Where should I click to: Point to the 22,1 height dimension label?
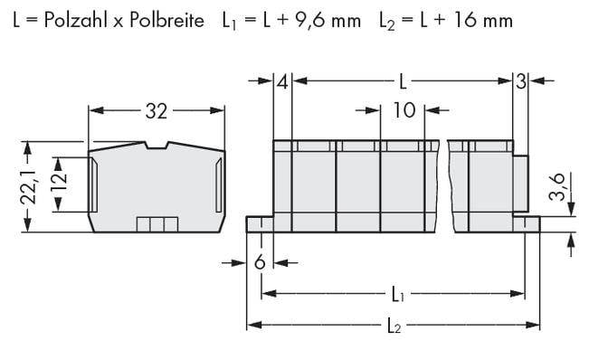point(27,186)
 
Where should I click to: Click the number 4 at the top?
point(282,82)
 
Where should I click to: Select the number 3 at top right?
point(520,82)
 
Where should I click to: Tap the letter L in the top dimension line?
point(403,82)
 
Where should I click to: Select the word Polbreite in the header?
point(168,18)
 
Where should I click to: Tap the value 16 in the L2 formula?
point(453,18)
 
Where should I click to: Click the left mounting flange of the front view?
point(261,224)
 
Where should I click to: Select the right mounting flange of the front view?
point(528,224)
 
